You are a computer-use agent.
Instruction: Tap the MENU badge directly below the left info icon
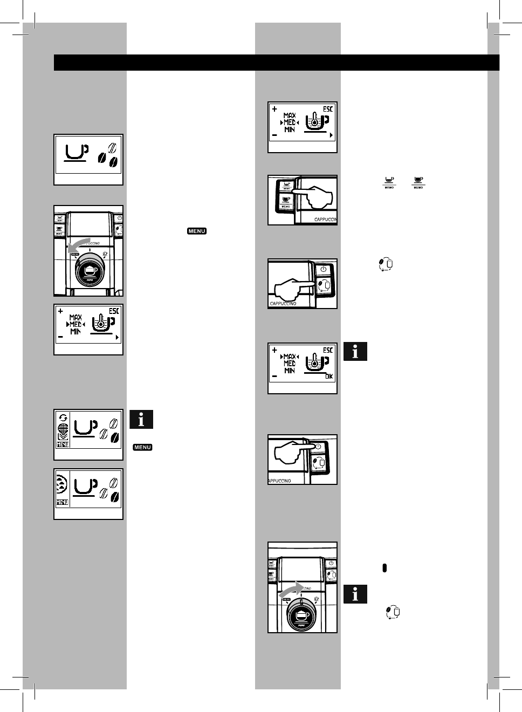click(x=143, y=447)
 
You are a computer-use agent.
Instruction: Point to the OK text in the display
click(x=328, y=376)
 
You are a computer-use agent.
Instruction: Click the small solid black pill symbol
click(x=384, y=568)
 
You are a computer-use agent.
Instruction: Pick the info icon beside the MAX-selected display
click(x=355, y=352)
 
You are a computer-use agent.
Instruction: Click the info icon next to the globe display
click(x=141, y=419)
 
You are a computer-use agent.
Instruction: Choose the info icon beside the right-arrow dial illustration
click(x=355, y=594)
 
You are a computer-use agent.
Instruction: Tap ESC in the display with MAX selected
click(x=328, y=350)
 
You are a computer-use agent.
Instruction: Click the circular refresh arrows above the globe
click(x=63, y=417)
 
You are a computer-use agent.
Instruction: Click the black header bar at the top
click(x=276, y=63)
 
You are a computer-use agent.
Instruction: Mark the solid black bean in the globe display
click(x=115, y=439)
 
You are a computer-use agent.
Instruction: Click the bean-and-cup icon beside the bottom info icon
click(x=392, y=612)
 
